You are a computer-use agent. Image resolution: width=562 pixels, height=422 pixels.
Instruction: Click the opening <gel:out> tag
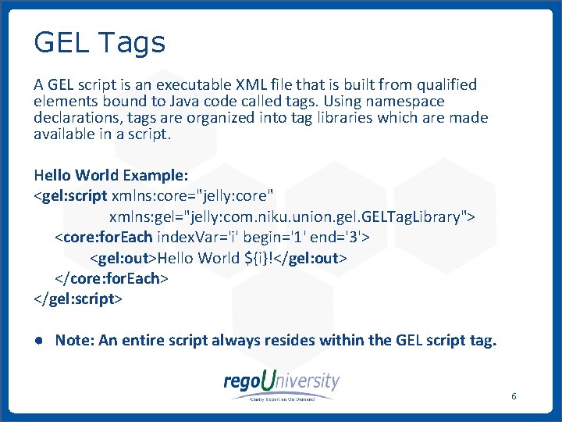point(123,258)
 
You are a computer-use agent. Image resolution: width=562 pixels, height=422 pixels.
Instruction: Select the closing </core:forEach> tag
point(111,279)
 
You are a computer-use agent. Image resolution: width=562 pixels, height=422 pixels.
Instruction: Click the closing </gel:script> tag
point(78,299)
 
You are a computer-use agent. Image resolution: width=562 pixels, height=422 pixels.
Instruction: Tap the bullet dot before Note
point(38,342)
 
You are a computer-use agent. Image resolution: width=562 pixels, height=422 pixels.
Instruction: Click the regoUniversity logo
point(281,384)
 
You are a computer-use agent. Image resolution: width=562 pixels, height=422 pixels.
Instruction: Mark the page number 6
point(514,397)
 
